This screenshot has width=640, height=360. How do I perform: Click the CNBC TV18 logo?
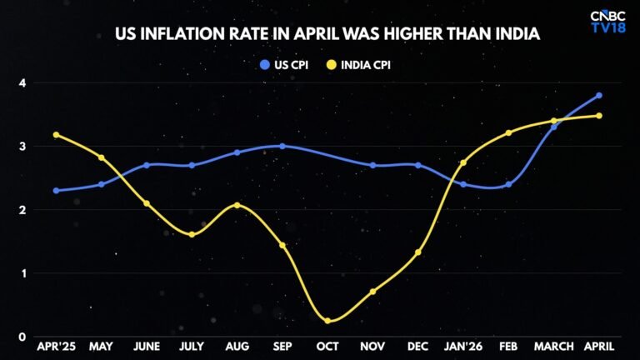tap(607, 22)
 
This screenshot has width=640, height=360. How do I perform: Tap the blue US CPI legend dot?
tap(265, 65)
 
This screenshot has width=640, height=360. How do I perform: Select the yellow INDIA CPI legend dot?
tap(332, 65)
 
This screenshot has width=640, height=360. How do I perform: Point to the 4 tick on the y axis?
tap(22, 83)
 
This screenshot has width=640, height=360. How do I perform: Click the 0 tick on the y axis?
tap(22, 337)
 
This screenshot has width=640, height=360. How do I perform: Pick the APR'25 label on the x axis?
tap(57, 347)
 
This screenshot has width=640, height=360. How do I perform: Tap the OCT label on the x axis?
tap(327, 347)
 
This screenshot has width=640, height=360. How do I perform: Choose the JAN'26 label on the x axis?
tap(463, 347)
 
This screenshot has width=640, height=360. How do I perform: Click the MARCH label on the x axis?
tap(554, 347)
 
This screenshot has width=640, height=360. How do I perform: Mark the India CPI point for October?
tap(327, 321)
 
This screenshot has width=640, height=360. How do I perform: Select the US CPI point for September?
tap(282, 146)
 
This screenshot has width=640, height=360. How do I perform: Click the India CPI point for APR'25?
tap(57, 135)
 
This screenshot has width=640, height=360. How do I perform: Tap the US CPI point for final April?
tap(599, 96)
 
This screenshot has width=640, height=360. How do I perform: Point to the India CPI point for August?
tap(237, 205)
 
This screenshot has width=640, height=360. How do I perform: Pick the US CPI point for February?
tap(508, 184)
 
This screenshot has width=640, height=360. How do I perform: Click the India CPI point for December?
tap(418, 252)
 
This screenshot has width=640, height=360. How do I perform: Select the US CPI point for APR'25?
tap(57, 191)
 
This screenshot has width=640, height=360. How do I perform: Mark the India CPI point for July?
tap(192, 235)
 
